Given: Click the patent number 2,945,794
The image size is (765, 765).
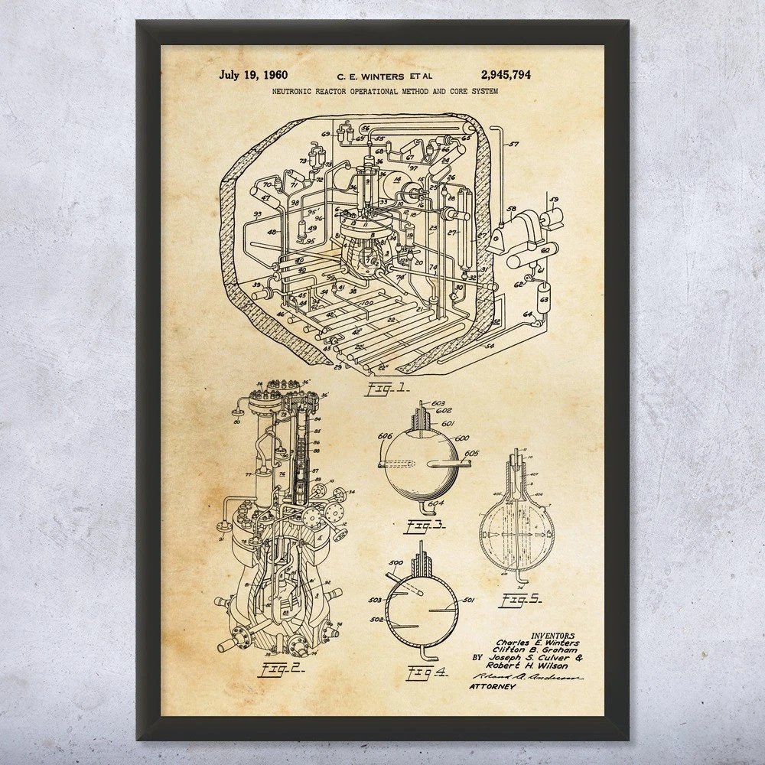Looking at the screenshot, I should tap(506, 75).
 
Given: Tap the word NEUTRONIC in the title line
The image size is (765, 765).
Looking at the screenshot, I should tap(294, 91).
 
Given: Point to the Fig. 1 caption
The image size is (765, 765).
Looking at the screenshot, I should tap(389, 389).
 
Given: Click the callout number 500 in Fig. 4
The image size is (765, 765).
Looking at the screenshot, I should tap(396, 564).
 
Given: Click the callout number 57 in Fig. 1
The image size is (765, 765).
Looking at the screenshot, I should tap(513, 144).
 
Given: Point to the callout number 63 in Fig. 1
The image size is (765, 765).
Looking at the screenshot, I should tap(544, 300).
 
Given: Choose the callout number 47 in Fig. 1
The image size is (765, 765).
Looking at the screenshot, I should tap(267, 197).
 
